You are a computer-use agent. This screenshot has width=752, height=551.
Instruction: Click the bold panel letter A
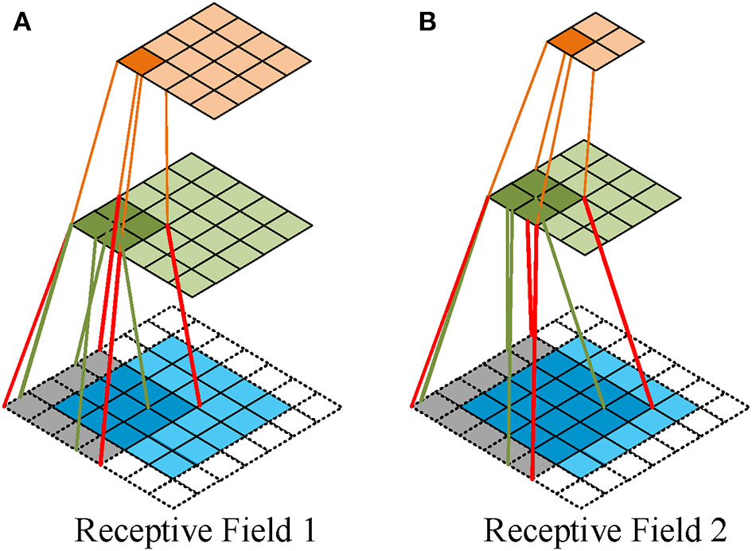21,23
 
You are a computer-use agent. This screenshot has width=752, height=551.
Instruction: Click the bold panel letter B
427,23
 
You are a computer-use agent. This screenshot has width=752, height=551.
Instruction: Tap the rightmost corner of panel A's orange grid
310,60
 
